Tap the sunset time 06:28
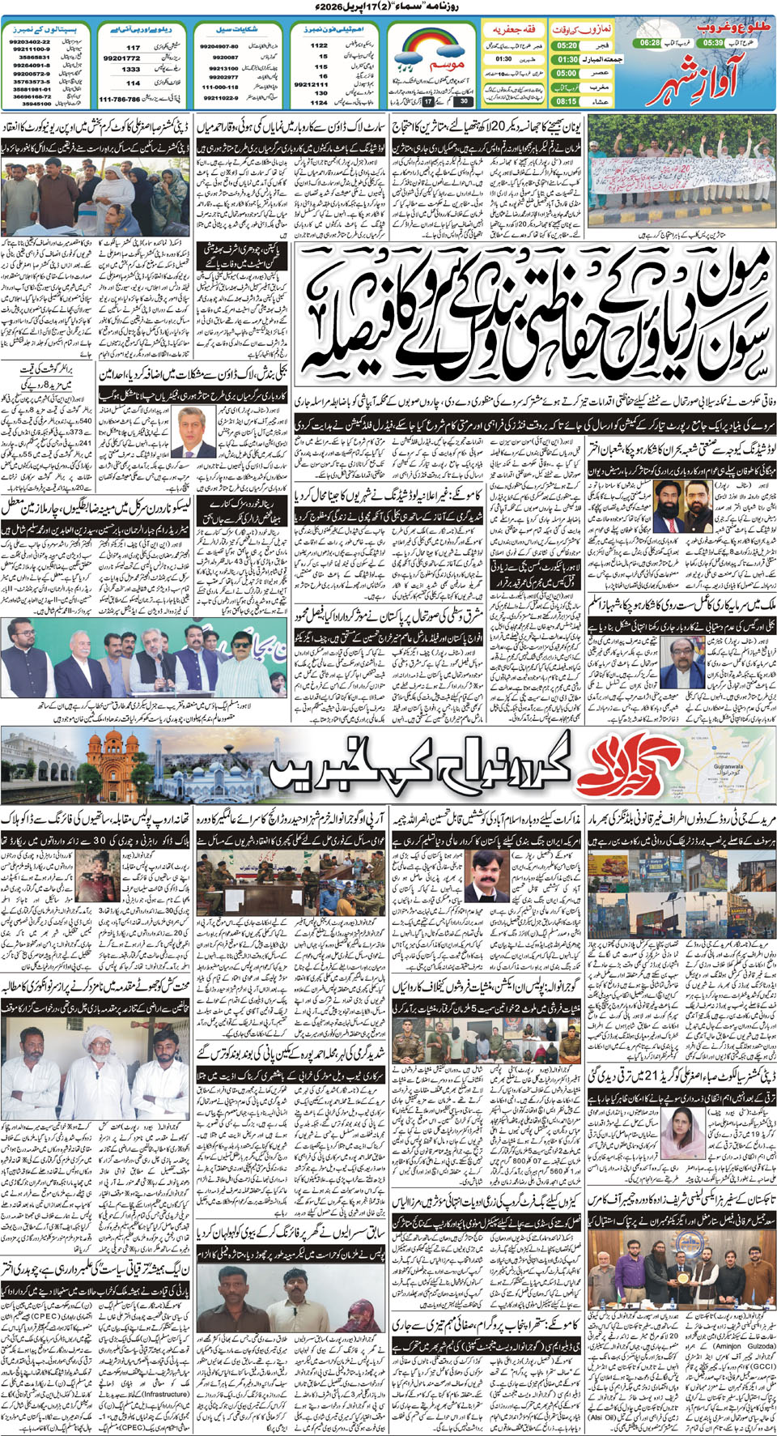649,42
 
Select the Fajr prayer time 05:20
567,46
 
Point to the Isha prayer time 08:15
567,101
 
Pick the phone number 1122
319,46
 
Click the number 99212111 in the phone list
311,83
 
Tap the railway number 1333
131,70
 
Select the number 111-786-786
120,99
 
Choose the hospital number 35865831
33,58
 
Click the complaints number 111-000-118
220,87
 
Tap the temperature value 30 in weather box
464,101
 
